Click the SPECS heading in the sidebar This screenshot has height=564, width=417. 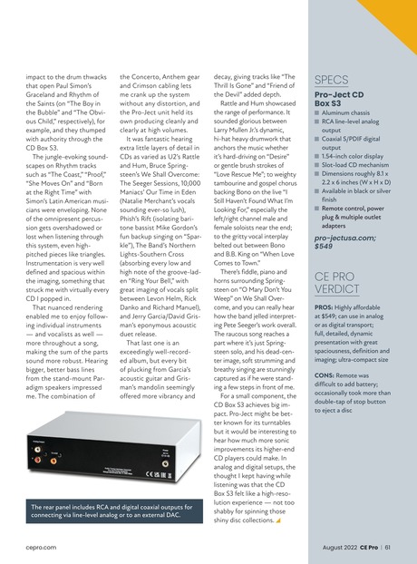coord(331,80)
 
